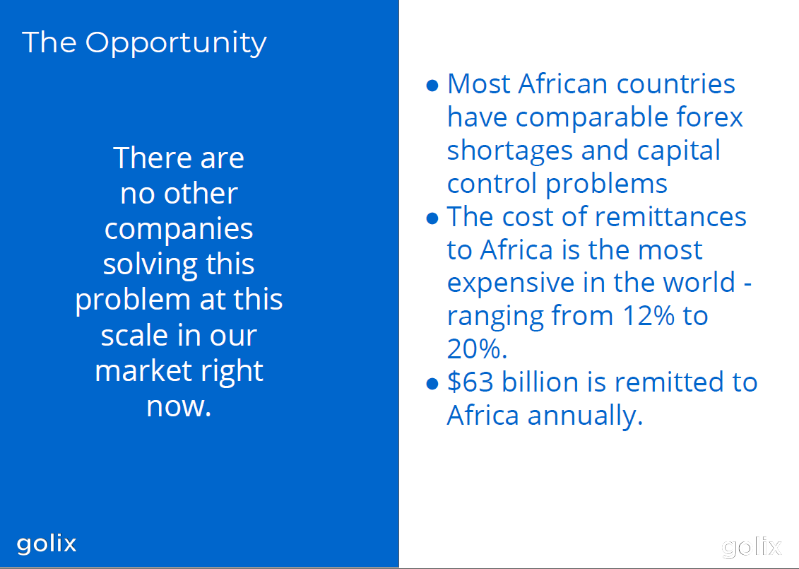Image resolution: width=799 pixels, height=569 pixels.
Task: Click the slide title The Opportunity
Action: click(144, 43)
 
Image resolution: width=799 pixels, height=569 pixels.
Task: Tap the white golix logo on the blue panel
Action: click(47, 544)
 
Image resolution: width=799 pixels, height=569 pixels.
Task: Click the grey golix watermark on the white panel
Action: click(752, 548)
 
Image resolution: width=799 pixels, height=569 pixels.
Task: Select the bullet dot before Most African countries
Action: click(432, 85)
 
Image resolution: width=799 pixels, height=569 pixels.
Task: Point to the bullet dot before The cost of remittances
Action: click(432, 218)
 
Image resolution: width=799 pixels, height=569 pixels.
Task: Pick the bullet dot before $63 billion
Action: click(432, 383)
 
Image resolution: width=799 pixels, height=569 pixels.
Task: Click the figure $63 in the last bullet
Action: click(470, 382)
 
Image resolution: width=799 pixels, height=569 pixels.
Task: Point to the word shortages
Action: click(510, 151)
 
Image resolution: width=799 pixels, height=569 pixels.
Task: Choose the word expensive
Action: click(511, 283)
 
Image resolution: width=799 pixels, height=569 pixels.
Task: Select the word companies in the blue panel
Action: click(179, 230)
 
